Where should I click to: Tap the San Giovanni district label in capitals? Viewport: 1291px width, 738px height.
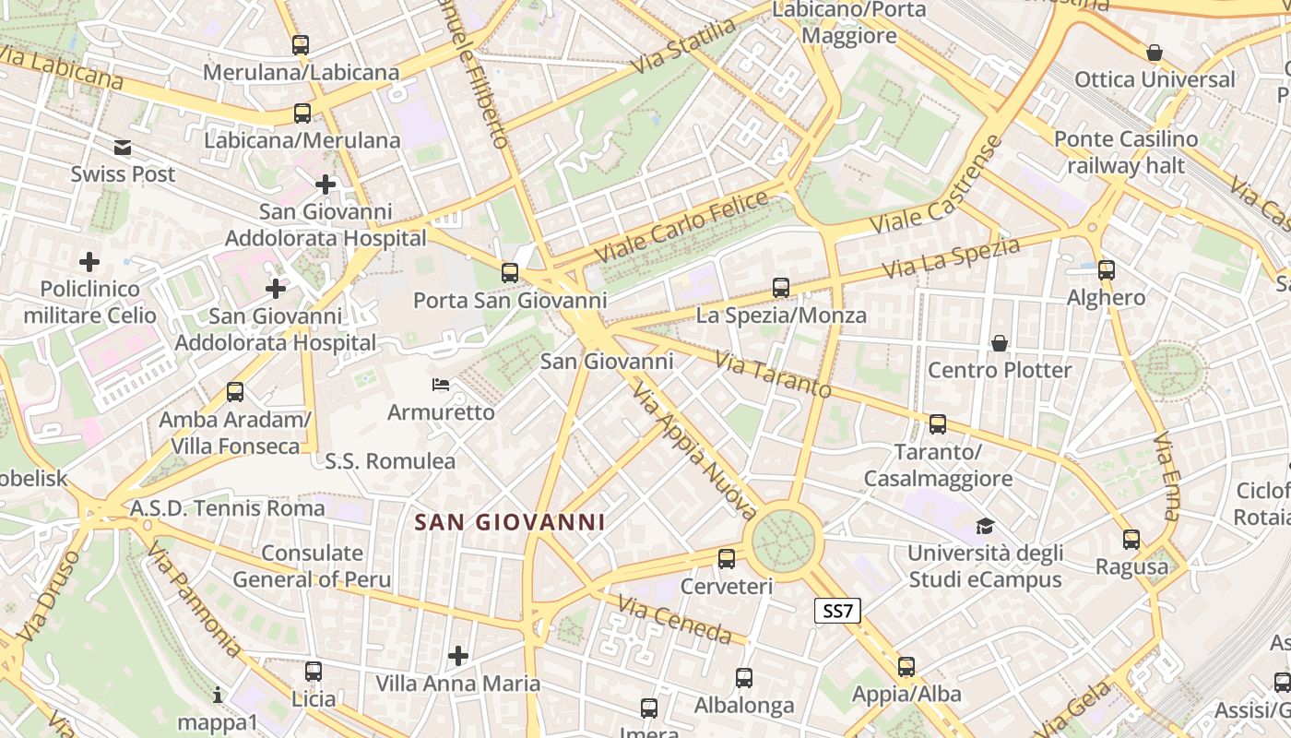click(509, 522)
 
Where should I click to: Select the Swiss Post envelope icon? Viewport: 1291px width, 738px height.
click(123, 148)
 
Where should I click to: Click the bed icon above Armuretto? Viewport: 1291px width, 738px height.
click(441, 384)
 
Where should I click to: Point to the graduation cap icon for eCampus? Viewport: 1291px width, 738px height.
click(985, 527)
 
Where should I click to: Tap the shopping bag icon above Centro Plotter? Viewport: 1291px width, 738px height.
click(1000, 344)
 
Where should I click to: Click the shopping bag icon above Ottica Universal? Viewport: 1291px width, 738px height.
click(1154, 53)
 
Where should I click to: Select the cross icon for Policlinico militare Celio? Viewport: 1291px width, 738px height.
click(89, 263)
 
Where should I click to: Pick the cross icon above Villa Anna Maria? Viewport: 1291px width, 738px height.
click(457, 656)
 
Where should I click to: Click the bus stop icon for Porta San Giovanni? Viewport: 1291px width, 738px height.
click(509, 273)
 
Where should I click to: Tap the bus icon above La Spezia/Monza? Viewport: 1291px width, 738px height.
click(781, 288)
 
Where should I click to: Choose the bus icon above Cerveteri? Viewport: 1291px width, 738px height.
click(727, 559)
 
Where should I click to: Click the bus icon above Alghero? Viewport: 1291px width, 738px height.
click(1106, 270)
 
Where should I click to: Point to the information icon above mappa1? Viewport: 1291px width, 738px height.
click(218, 695)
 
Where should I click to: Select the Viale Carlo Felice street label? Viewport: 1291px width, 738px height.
click(681, 226)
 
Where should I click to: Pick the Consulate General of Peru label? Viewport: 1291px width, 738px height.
click(312, 566)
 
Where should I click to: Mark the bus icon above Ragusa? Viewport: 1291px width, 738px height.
click(1131, 540)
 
